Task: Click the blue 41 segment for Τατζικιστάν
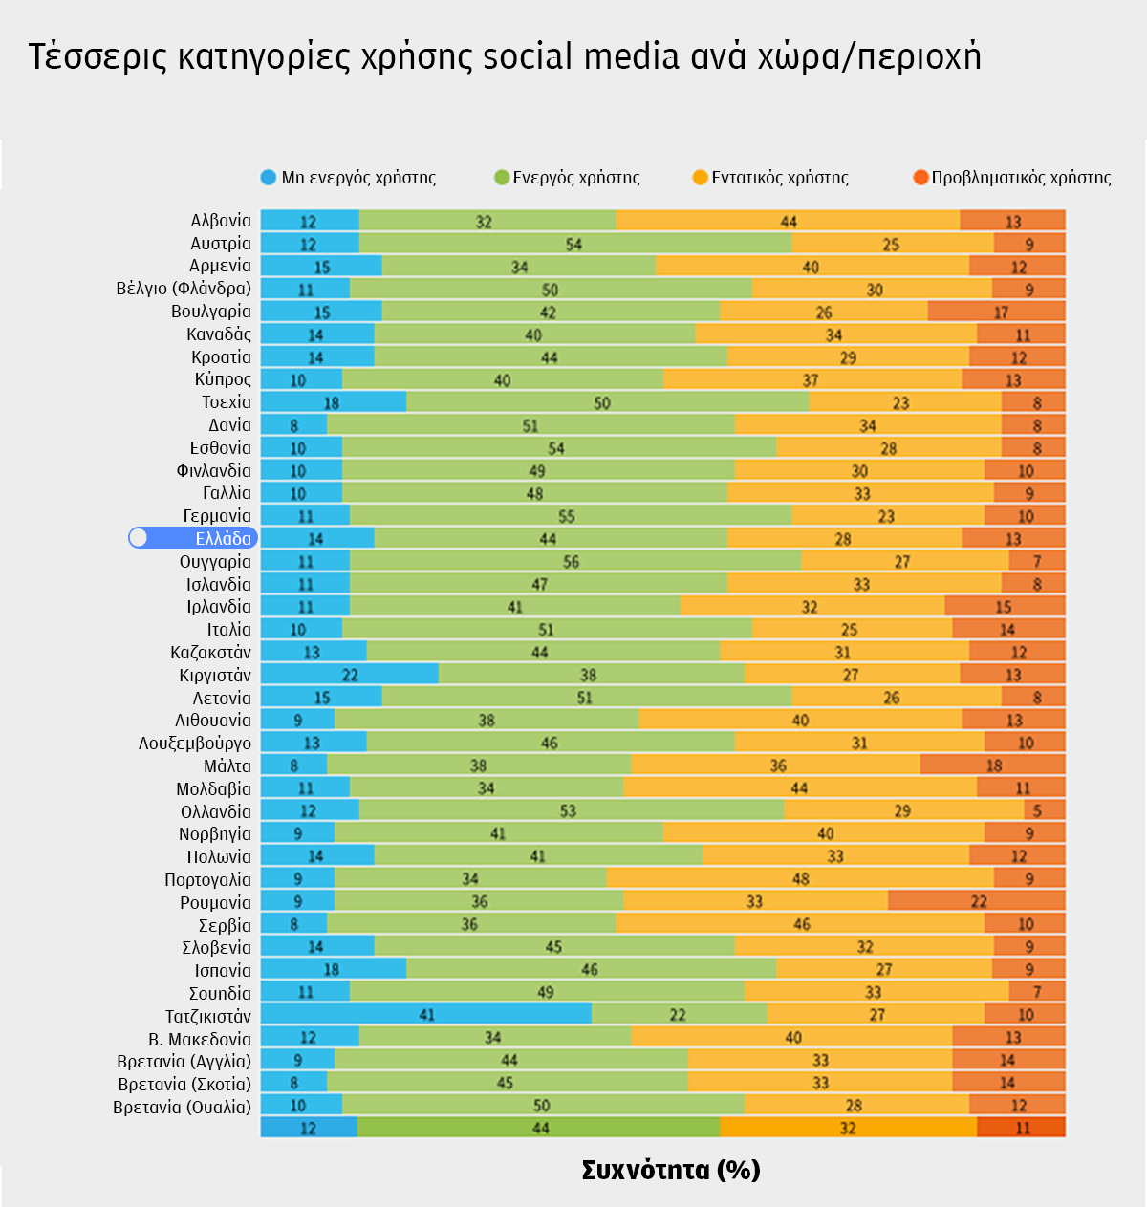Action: pyautogui.click(x=426, y=1015)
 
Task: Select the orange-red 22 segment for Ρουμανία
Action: pyautogui.click(x=977, y=901)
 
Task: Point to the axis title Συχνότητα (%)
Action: pyautogui.click(x=670, y=1170)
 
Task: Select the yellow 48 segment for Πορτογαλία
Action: pyautogui.click(x=800, y=878)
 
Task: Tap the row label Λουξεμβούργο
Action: pyautogui.click(x=195, y=743)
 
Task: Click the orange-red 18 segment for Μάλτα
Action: pyautogui.click(x=993, y=765)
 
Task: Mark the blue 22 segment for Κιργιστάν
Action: pyautogui.click(x=350, y=675)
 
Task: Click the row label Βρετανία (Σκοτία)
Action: pyautogui.click(x=184, y=1084)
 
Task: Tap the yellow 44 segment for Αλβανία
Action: pyautogui.click(x=789, y=221)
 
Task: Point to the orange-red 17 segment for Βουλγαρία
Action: pyautogui.click(x=996, y=312)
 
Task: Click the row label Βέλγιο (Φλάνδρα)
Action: pyautogui.click(x=184, y=288)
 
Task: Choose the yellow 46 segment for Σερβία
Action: pyautogui.click(x=801, y=924)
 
